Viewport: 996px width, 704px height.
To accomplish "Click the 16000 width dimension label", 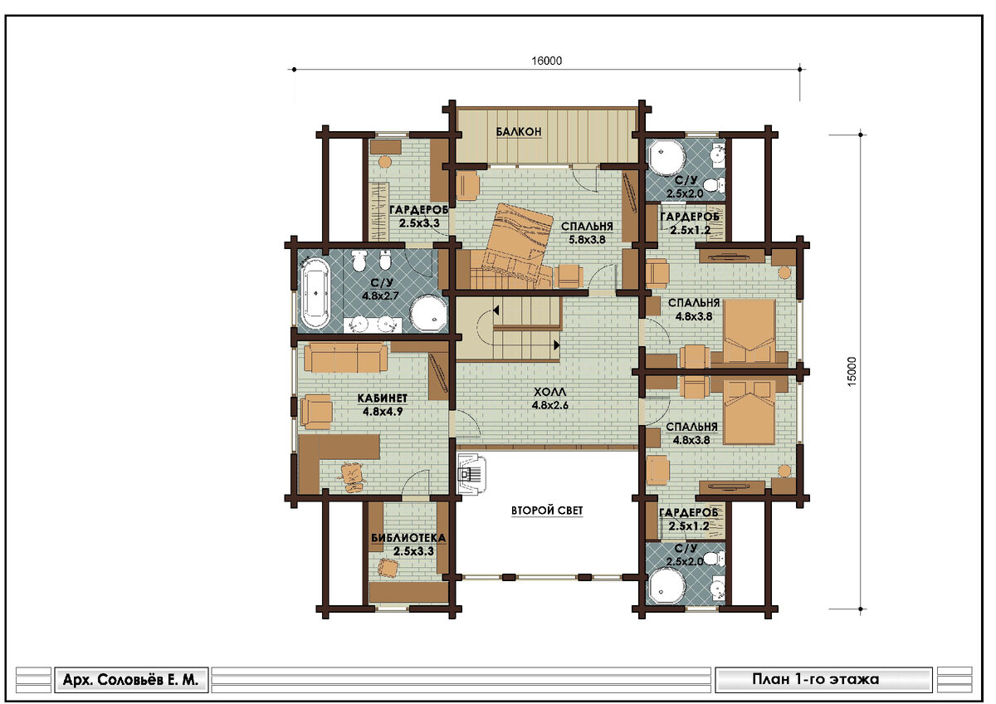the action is tap(546, 61).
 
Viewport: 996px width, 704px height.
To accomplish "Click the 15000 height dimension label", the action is tap(851, 371).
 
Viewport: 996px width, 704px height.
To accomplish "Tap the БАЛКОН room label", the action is tap(519, 132).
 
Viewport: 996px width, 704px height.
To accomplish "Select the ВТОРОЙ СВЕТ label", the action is tap(547, 510).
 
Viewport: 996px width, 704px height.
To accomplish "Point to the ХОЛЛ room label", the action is tap(549, 392).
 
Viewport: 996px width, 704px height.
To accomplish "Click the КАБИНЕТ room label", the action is tap(383, 398).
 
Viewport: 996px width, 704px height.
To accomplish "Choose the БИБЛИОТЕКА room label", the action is tap(408, 538).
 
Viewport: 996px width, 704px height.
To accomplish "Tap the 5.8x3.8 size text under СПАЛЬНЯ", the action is tap(587, 240).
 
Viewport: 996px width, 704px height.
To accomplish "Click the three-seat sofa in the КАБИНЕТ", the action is tap(345, 357).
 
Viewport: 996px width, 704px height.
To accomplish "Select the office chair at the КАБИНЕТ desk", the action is tap(352, 477).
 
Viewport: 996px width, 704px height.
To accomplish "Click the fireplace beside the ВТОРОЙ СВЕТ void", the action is tap(472, 474).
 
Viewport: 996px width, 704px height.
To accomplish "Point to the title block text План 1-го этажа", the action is tap(815, 679).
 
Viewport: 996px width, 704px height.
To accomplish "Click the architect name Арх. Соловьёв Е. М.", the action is tap(131, 680).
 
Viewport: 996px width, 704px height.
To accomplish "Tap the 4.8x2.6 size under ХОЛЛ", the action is tap(550, 405).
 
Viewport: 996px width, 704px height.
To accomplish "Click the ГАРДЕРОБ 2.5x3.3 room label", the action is tap(418, 216).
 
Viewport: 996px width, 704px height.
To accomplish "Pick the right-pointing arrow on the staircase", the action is tap(557, 345).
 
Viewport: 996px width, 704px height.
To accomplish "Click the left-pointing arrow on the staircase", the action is tap(496, 310).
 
